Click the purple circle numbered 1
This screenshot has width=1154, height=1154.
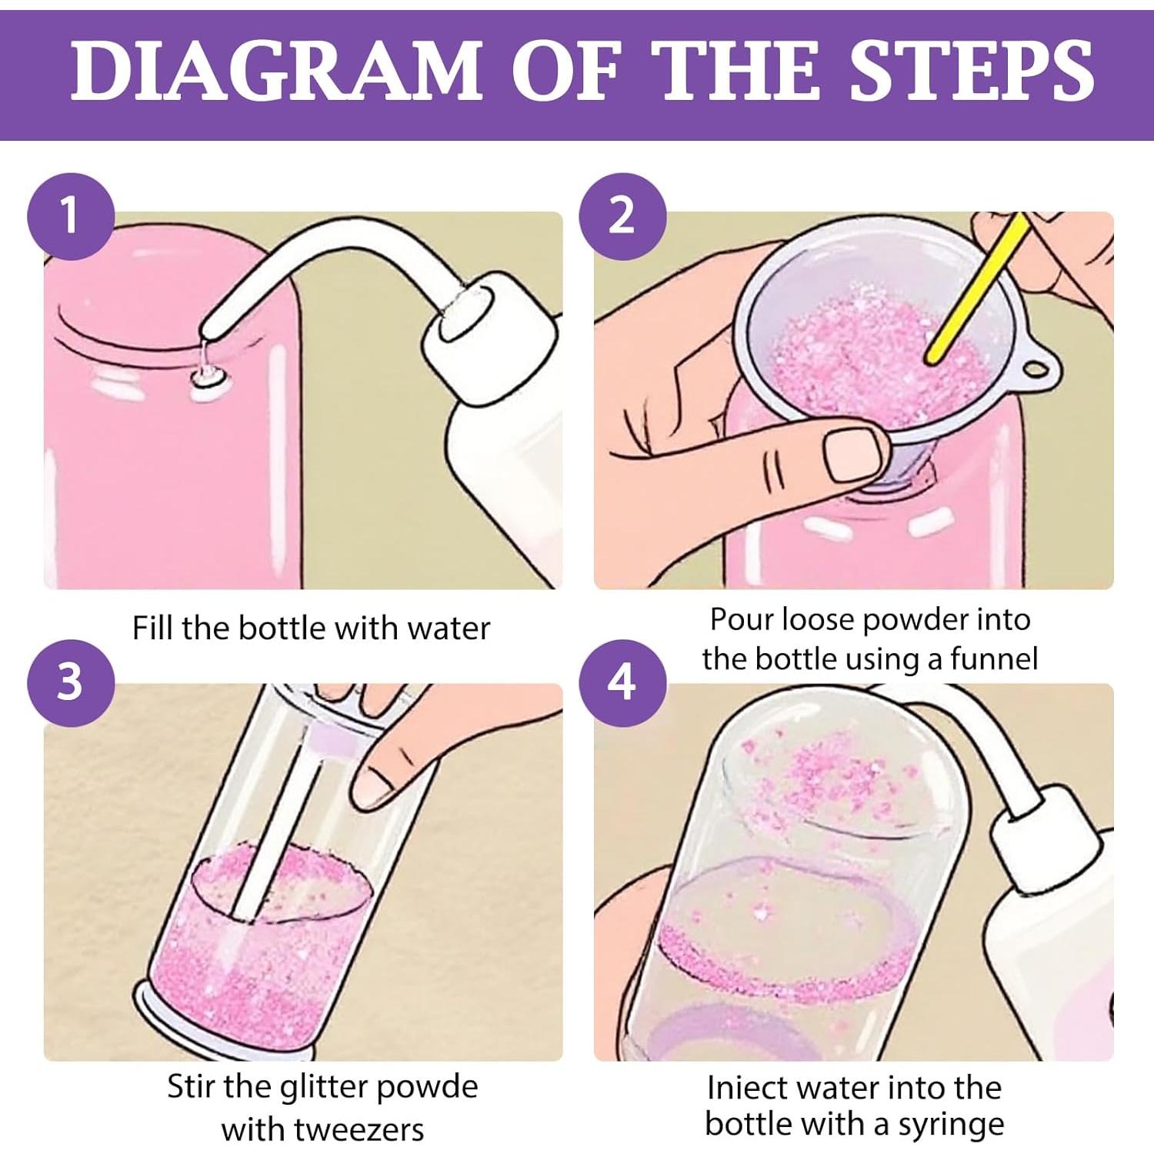click(x=71, y=216)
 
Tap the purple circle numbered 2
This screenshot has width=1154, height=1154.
click(x=622, y=216)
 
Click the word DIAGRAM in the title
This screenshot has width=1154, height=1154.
click(x=276, y=70)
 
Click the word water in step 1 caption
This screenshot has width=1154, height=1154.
click(x=449, y=629)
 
